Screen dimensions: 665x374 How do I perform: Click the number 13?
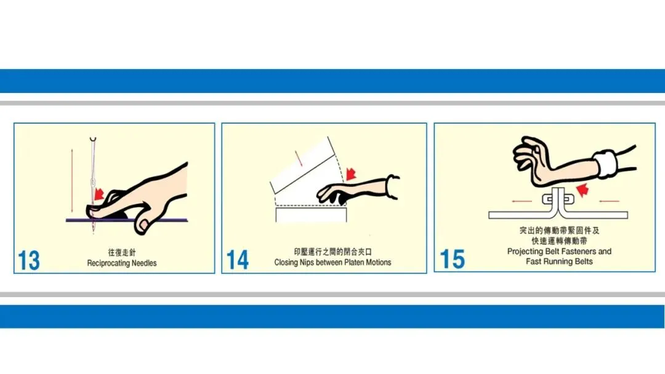click(x=29, y=260)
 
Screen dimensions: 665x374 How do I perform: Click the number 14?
click(x=238, y=260)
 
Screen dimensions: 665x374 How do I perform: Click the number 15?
click(x=452, y=259)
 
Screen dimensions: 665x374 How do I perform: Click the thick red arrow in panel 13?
click(x=99, y=194)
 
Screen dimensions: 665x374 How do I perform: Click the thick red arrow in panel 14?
click(x=351, y=173)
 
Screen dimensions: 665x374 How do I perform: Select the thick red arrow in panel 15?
click(x=582, y=189)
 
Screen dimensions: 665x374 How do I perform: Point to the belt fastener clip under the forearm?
click(x=558, y=199)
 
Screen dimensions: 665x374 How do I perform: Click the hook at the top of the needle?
click(x=93, y=140)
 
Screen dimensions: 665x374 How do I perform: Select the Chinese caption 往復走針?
click(x=122, y=252)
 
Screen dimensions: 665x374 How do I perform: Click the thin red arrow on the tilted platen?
click(x=299, y=159)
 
